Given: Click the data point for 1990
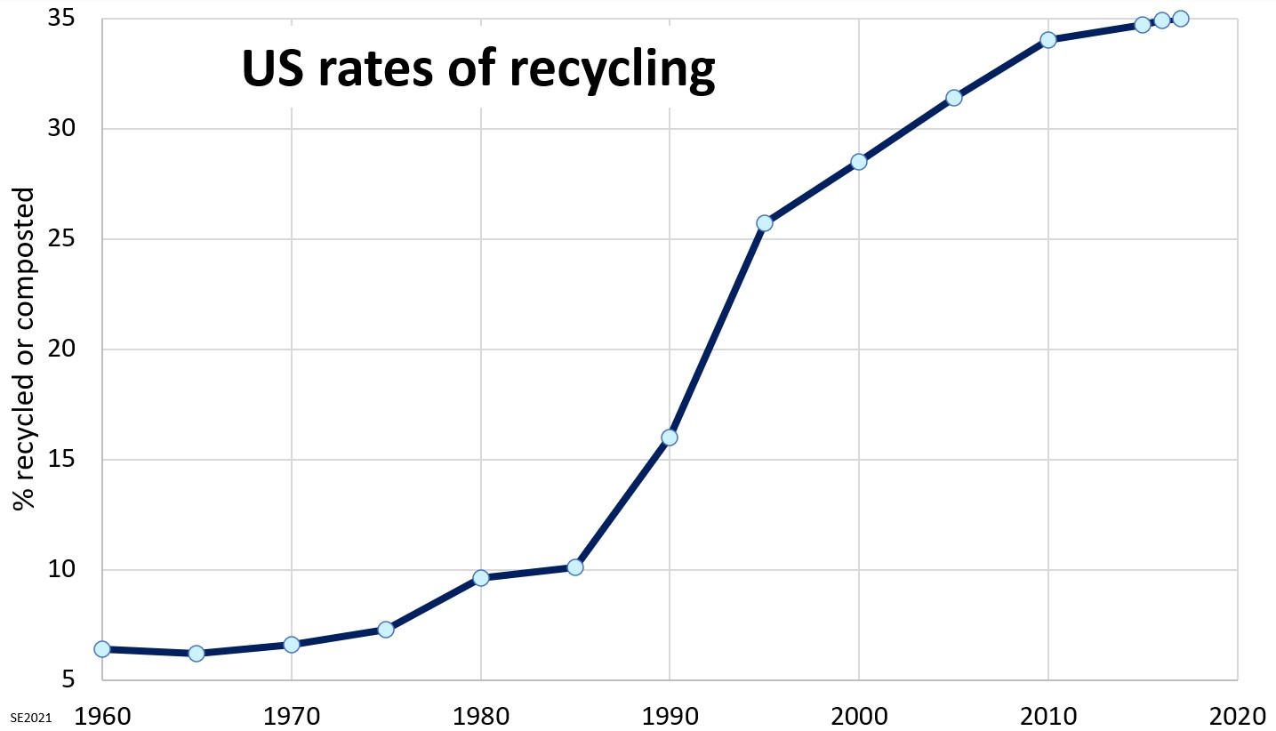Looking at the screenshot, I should click(670, 438).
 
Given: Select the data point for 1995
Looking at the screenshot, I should click(764, 223).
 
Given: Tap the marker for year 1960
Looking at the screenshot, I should click(102, 649).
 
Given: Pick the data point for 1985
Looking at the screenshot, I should click(575, 567).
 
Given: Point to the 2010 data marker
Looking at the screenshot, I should click(1047, 40).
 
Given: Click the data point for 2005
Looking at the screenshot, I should click(953, 98).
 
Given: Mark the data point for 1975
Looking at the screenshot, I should click(386, 630).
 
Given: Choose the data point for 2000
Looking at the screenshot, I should click(859, 162).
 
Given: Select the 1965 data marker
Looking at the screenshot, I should click(197, 654).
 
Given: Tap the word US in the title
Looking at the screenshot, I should click(271, 69).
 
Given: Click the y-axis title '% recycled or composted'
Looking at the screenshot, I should click(25, 349).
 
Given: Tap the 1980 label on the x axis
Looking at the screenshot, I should click(480, 714).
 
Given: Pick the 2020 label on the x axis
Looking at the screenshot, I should click(1237, 714).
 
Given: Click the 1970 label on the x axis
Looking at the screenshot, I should click(291, 714).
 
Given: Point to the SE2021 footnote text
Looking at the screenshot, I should click(27, 716).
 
